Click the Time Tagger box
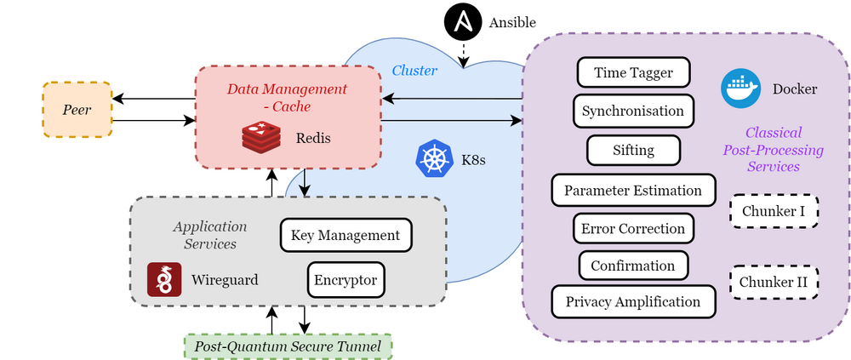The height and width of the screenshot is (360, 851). tap(633, 72)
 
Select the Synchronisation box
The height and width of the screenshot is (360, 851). tap(633, 111)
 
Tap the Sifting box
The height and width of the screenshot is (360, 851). tap(633, 150)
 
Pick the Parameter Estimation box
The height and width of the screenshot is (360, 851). tap(633, 190)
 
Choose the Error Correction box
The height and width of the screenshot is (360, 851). tap(633, 228)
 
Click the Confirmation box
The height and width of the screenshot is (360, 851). tap(633, 265)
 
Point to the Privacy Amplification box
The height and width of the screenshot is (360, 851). tap(633, 301)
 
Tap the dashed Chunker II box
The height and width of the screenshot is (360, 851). tap(774, 282)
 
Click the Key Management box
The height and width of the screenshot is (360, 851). tap(345, 235)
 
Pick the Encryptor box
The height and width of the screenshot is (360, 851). tap(345, 279)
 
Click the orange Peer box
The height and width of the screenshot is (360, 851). tap(77, 111)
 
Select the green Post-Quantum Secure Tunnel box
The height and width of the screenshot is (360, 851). tap(288, 346)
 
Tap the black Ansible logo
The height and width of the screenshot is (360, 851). tap(460, 22)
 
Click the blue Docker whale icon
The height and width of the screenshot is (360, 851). tap(740, 89)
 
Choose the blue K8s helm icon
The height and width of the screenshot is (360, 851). tap(433, 159)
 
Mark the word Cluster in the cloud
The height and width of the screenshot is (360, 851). tap(414, 71)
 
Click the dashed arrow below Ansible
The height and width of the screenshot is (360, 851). tap(461, 54)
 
